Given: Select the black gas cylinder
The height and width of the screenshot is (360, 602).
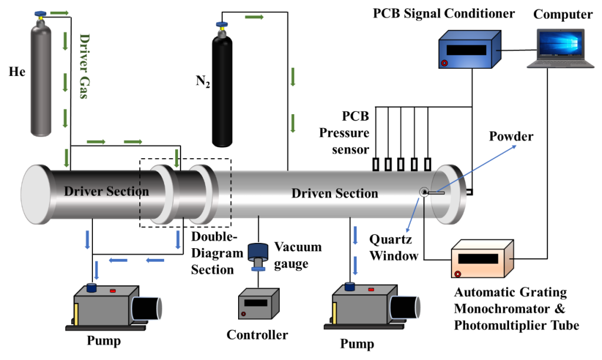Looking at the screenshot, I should pyautogui.click(x=222, y=91).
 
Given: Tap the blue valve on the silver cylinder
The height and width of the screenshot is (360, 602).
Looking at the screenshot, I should pyautogui.click(x=41, y=14).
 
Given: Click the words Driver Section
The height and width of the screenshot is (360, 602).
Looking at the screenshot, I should pyautogui.click(x=106, y=191).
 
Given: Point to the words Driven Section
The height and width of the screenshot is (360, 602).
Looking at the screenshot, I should pyautogui.click(x=335, y=194).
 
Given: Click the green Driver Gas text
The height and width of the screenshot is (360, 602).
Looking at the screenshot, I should pyautogui.click(x=84, y=65).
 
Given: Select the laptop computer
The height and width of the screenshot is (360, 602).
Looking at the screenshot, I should pyautogui.click(x=560, y=48).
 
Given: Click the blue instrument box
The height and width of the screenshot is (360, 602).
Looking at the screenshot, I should pyautogui.click(x=469, y=49).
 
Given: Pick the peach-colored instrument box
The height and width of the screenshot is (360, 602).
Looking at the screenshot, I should pyautogui.click(x=481, y=259).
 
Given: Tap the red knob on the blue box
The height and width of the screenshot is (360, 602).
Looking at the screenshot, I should pyautogui.click(x=444, y=63).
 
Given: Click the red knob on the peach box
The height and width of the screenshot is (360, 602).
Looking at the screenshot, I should pyautogui.click(x=457, y=274).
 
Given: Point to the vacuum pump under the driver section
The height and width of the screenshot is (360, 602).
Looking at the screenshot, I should pyautogui.click(x=115, y=306).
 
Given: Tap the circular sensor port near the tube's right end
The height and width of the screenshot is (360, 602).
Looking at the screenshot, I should pyautogui.click(x=423, y=192).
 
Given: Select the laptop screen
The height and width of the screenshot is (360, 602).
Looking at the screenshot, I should pyautogui.click(x=560, y=43).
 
